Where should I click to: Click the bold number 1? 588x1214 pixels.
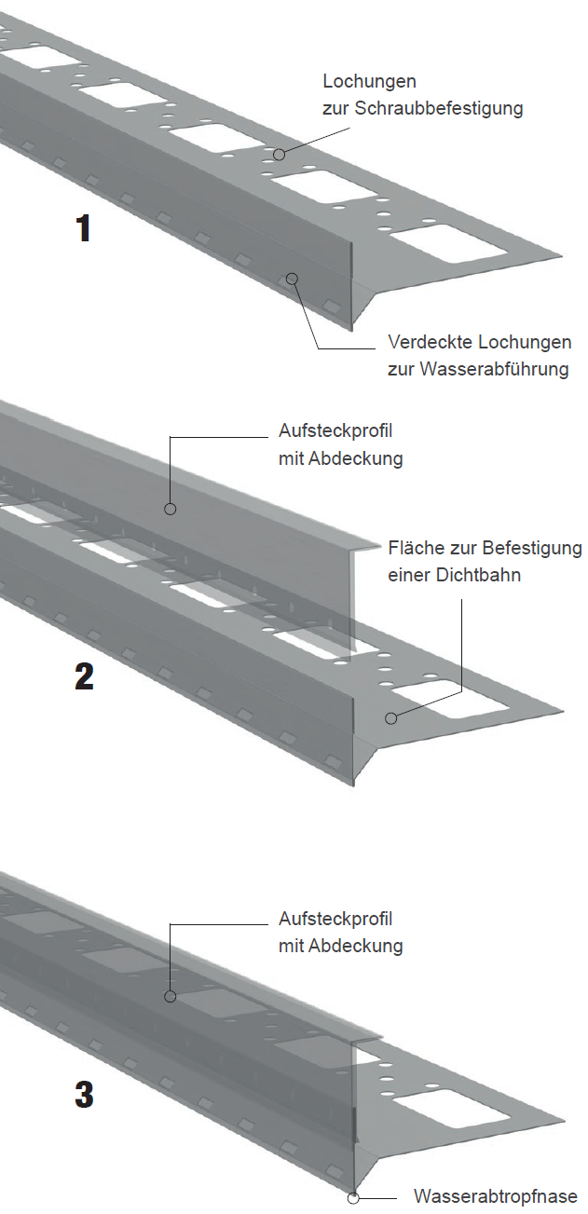tap(83, 228)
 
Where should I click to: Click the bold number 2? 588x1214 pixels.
tap(84, 676)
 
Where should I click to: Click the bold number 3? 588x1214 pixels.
tap(84, 1094)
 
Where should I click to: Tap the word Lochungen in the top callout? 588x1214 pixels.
tap(370, 82)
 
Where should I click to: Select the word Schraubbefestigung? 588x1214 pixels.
tap(439, 108)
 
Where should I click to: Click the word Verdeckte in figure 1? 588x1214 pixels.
tap(431, 342)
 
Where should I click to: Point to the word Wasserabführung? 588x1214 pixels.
tap(494, 369)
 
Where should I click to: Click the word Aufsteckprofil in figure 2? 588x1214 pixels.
tap(335, 430)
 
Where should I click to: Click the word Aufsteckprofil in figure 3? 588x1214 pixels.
tap(335, 919)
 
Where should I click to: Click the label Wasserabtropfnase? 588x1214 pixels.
tap(496, 1196)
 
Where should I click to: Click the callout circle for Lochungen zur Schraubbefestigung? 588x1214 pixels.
tap(280, 155)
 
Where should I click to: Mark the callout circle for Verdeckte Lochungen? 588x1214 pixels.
tap(292, 279)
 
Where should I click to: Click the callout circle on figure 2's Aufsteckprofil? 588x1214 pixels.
tap(171, 509)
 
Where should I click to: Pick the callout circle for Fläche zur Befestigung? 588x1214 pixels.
tap(390, 718)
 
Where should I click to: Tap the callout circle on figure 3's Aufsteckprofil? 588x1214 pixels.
tap(171, 996)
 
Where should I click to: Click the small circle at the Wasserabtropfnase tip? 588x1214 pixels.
tap(353, 1195)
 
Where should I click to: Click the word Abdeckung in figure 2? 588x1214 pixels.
tap(356, 458)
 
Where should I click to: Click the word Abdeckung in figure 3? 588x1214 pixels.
tap(356, 946)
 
